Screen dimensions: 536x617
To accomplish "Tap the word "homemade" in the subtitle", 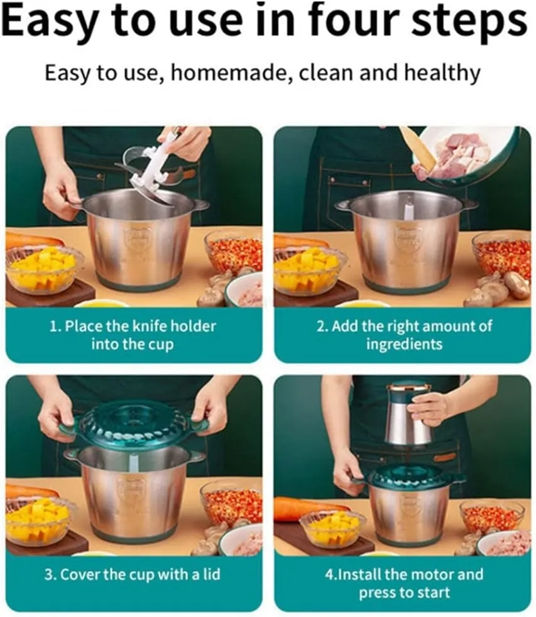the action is coord(231,73).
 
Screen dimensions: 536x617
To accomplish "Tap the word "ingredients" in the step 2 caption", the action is coord(404,345).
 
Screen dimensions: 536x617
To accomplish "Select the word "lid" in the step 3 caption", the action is coord(212,574).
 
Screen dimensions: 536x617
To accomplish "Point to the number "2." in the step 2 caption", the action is coord(322,326).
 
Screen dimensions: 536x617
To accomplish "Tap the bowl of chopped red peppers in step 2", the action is coord(503,255).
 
